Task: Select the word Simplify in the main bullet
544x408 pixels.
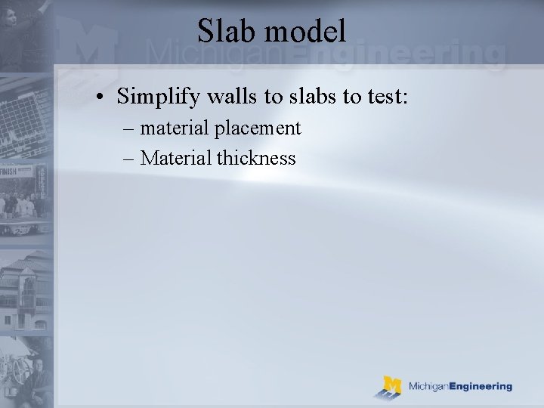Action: click(155, 96)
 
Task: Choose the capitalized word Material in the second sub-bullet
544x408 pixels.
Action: click(176, 158)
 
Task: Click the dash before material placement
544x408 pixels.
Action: click(130, 129)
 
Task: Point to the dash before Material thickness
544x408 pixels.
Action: click(130, 159)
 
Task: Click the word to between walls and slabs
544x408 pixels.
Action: click(258, 96)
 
